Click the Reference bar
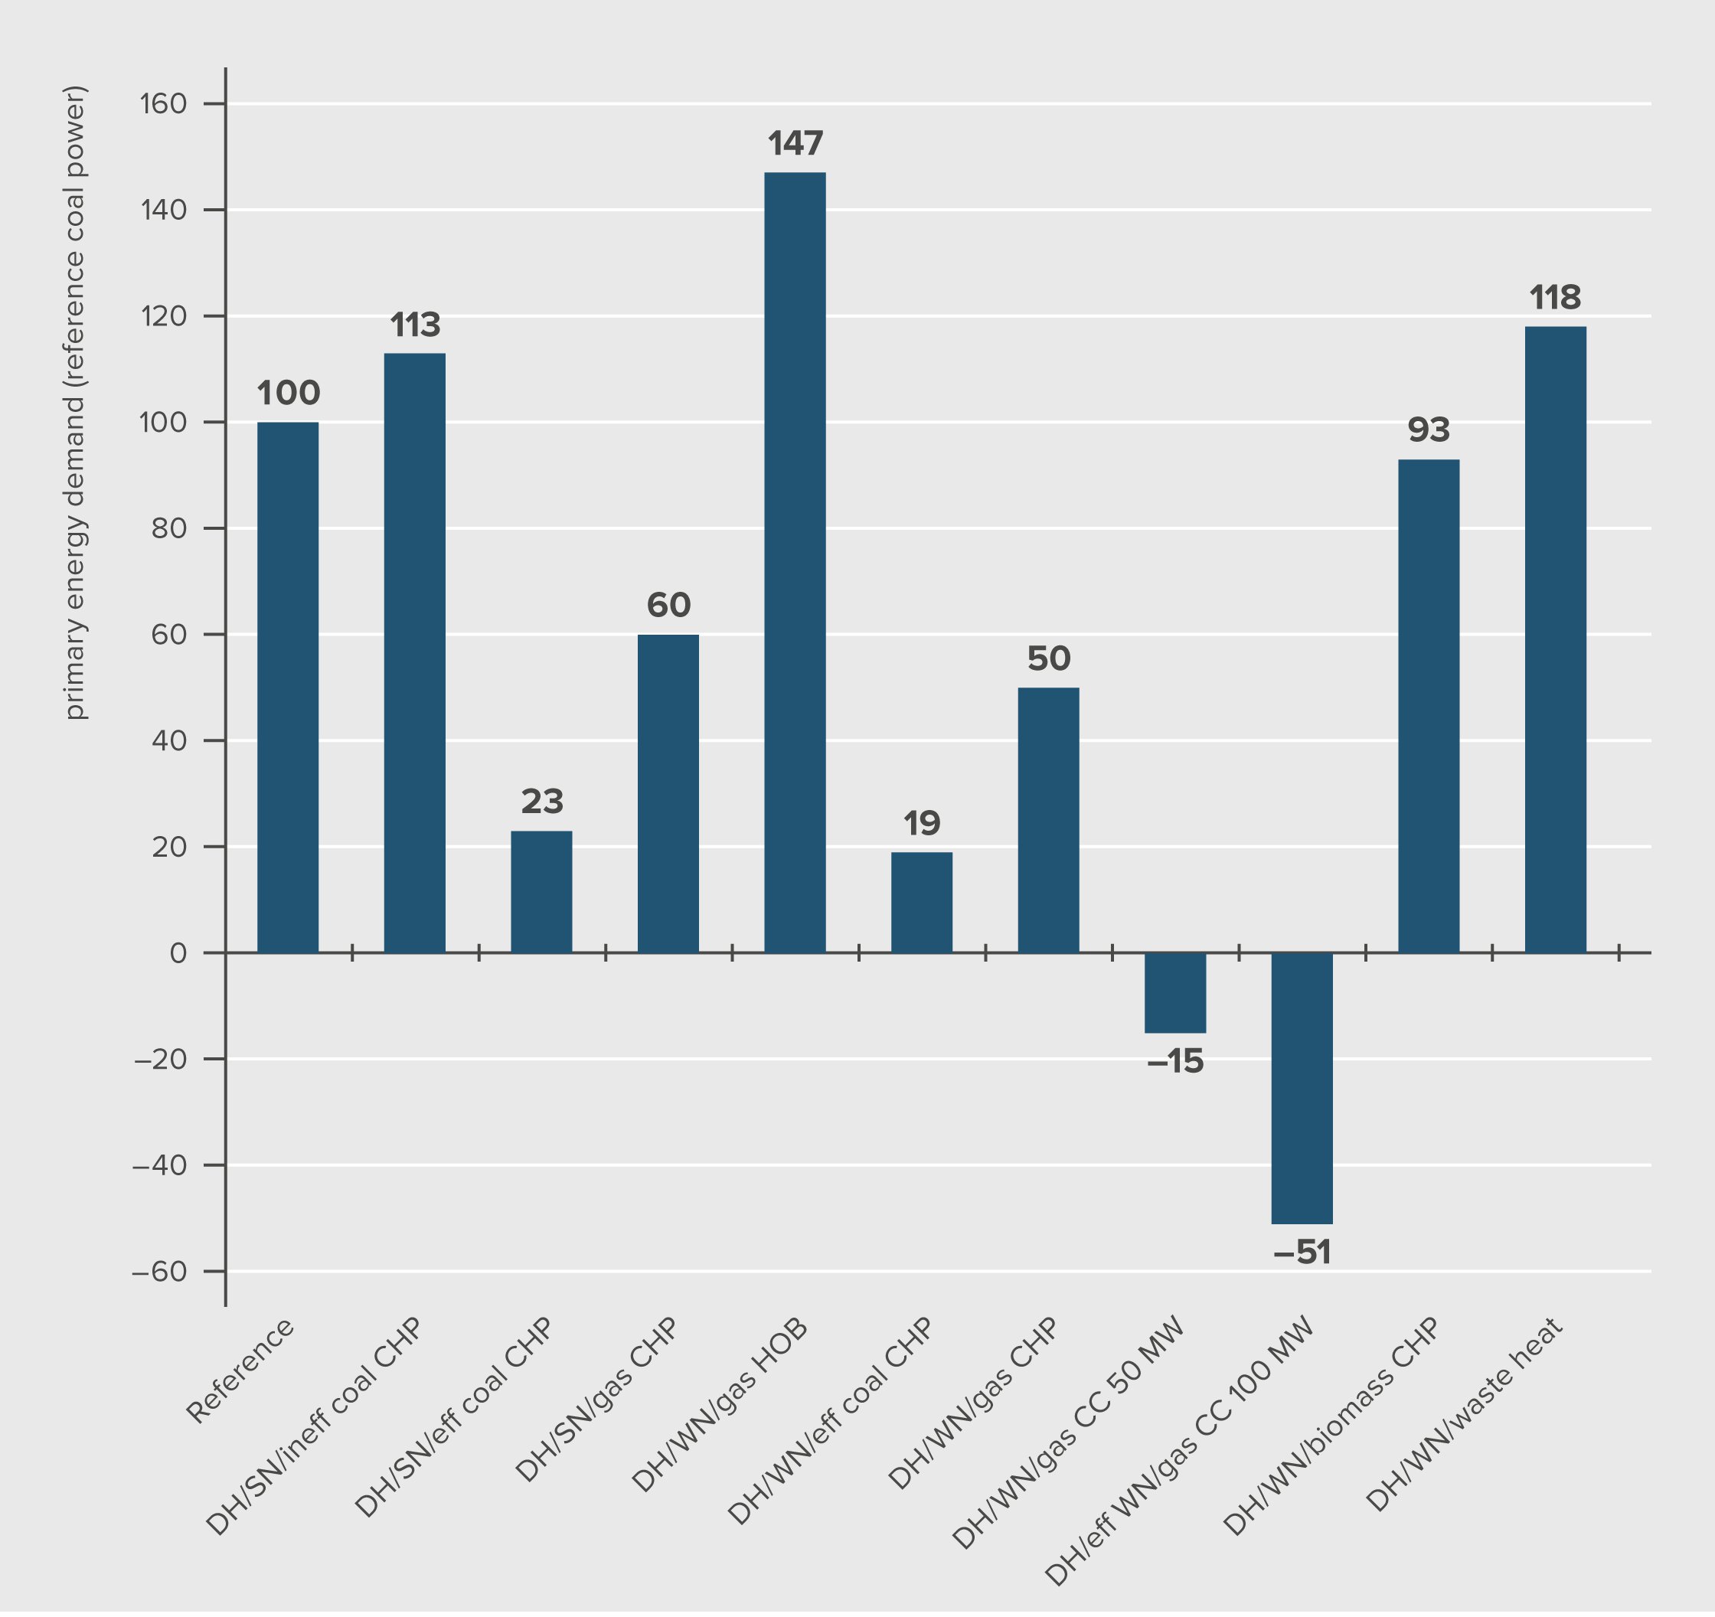(x=287, y=687)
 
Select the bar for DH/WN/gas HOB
(x=795, y=563)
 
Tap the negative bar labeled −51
(x=1302, y=1088)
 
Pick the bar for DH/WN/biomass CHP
(x=1429, y=706)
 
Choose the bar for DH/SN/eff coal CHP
(x=541, y=891)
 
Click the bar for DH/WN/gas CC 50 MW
(x=1175, y=992)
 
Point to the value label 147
(x=795, y=143)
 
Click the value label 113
(x=415, y=325)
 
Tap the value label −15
(x=1175, y=1062)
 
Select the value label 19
(x=921, y=823)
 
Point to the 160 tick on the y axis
(x=163, y=104)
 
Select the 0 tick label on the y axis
(x=178, y=953)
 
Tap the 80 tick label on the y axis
(x=169, y=529)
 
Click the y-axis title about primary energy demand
(x=76, y=402)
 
